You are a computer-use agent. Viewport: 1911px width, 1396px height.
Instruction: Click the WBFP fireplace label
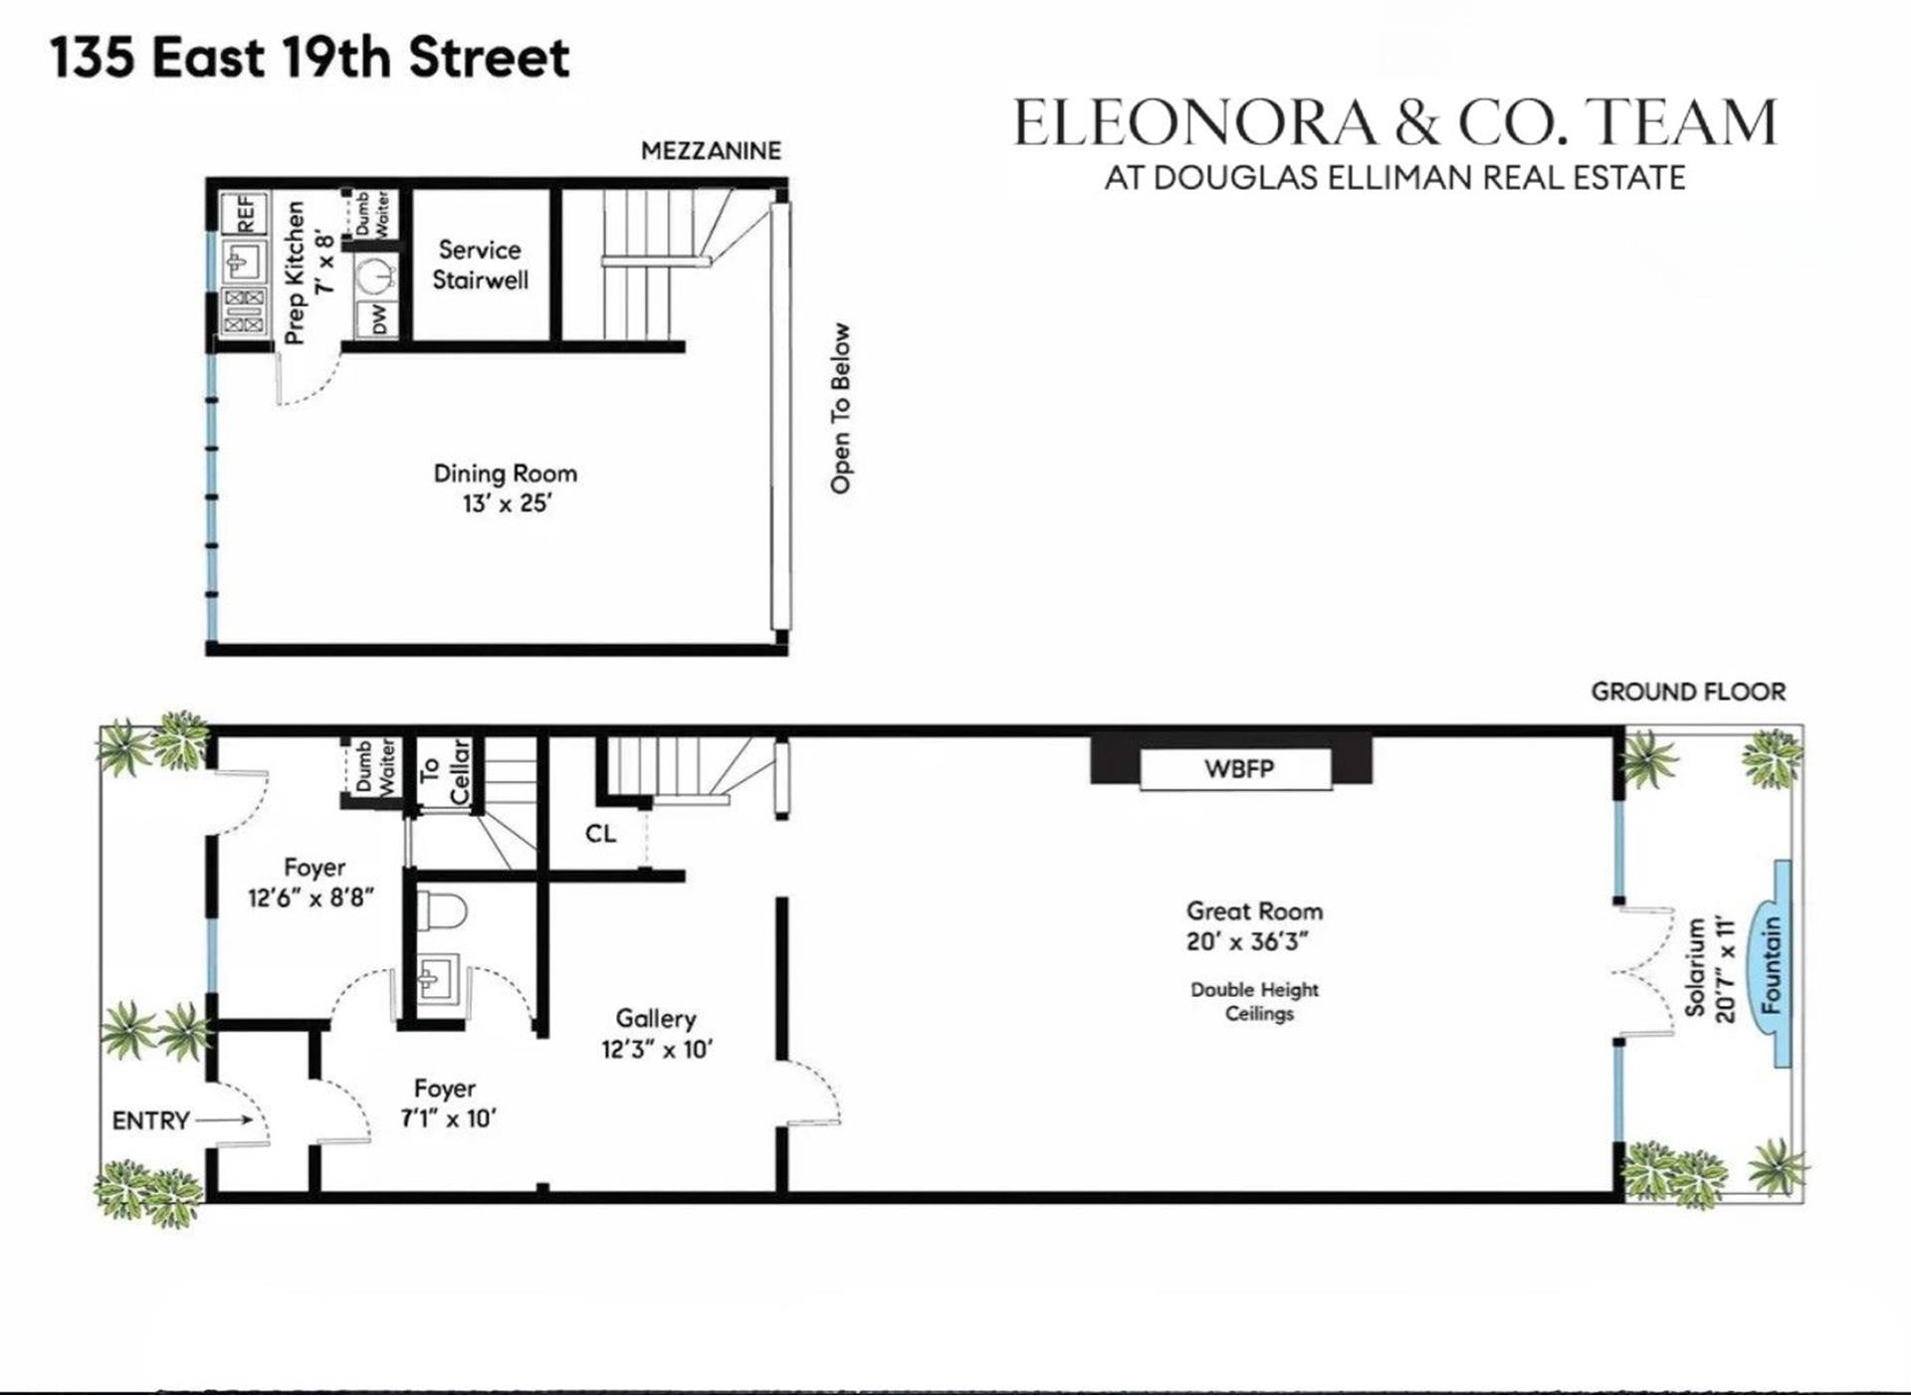coord(1238,768)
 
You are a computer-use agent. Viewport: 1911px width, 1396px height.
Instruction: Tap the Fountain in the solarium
coord(1773,964)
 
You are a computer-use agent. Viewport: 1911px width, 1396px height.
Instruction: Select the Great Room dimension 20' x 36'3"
coord(1246,941)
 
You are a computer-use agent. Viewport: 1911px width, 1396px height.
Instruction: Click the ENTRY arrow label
coord(151,1120)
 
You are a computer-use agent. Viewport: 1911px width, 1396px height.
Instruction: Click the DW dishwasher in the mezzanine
coord(378,319)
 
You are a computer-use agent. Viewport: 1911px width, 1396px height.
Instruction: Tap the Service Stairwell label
coord(480,265)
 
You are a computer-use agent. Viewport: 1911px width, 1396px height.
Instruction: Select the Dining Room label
coord(505,474)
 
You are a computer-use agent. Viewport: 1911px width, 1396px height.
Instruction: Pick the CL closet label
coord(600,834)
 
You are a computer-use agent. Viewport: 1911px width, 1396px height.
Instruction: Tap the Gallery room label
coord(655,1019)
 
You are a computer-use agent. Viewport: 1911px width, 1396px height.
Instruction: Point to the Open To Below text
coord(841,408)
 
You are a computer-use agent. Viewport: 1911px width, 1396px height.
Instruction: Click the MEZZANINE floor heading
coord(711,150)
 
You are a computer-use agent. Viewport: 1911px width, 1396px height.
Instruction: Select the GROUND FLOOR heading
coord(1687,692)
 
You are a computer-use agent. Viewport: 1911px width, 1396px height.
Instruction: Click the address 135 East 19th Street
coord(310,57)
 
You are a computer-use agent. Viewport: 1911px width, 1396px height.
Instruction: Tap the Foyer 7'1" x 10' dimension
coord(448,1118)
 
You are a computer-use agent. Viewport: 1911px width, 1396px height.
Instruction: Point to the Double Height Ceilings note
coord(1255,1001)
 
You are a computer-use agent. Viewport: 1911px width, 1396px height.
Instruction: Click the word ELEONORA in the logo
coord(1194,123)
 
